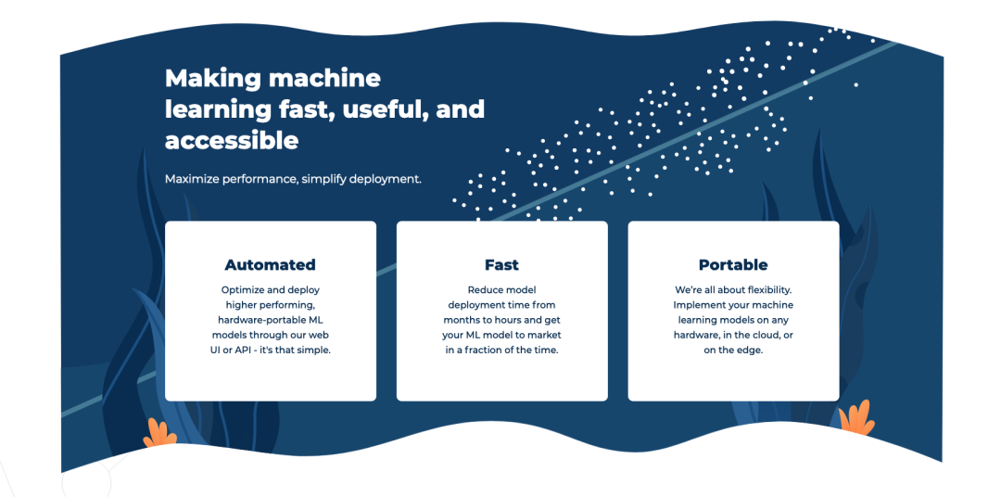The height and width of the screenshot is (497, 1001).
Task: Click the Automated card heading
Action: [x=270, y=265]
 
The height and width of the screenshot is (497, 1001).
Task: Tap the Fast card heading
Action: [x=501, y=265]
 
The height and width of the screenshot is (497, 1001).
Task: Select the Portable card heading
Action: [x=733, y=265]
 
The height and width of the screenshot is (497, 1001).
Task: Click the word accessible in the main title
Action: [x=232, y=140]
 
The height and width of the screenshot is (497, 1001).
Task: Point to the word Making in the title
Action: [x=211, y=77]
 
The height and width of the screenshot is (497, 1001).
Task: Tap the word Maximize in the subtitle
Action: [x=195, y=178]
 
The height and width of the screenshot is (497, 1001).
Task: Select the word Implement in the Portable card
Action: [x=699, y=305]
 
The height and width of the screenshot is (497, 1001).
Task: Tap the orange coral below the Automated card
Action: [x=160, y=431]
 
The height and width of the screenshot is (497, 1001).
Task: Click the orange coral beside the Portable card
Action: [x=856, y=418]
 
